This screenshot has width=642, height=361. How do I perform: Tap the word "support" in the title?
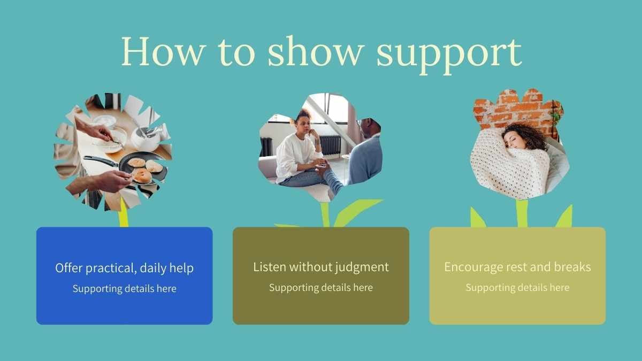(449, 55)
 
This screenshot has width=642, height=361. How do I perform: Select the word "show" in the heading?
(316, 51)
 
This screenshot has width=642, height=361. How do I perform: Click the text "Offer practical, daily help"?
(124, 268)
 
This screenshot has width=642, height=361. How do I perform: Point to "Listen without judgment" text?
(321, 267)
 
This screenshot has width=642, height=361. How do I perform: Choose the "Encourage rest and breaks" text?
(518, 267)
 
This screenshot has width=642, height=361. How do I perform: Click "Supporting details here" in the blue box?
(124, 288)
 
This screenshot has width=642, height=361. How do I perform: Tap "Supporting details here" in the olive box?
(321, 287)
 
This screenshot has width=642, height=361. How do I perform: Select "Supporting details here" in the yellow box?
(518, 287)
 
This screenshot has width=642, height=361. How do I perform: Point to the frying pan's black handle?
(101, 161)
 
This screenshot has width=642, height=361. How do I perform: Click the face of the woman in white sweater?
(304, 126)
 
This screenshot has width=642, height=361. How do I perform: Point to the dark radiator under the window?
(330, 145)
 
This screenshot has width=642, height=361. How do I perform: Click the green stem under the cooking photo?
(124, 213)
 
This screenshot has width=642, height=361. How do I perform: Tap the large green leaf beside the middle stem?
(357, 212)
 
